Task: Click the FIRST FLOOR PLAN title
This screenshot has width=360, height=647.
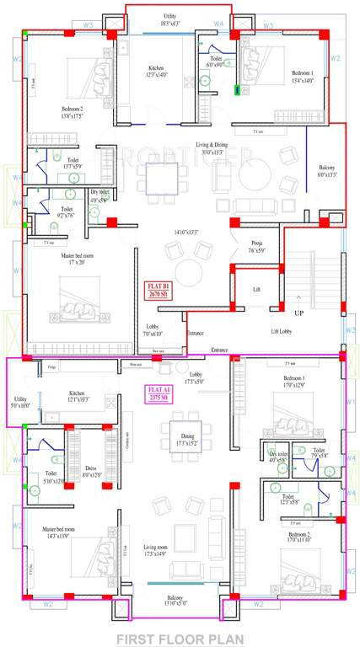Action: [180, 638]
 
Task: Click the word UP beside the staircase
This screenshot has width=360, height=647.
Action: [298, 313]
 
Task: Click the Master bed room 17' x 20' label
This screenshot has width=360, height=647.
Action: [56, 259]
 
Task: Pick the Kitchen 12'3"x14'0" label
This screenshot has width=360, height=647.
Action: [156, 72]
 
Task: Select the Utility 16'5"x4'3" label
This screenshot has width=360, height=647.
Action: [175, 20]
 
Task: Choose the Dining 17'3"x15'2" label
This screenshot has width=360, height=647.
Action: [176, 415]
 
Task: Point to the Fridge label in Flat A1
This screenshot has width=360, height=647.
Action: [51, 368]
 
